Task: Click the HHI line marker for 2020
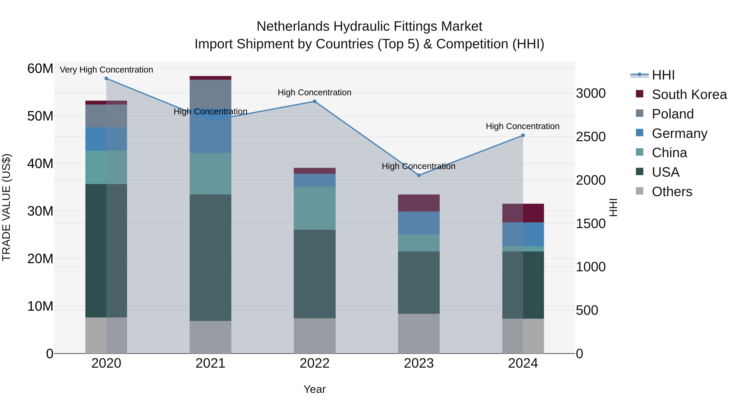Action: pos(106,78)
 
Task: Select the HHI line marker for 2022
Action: pos(314,101)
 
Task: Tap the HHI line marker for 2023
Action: pos(419,175)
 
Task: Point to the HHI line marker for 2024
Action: pos(523,135)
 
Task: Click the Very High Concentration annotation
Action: pos(106,70)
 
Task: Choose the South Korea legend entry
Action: pos(689,94)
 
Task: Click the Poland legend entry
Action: pos(672,114)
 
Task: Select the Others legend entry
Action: pos(672,192)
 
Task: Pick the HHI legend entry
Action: pos(663,75)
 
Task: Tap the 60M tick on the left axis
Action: pos(40,69)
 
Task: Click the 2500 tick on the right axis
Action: pos(591,137)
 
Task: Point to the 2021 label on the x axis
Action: pos(210,363)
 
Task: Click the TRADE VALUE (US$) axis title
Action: pos(6,207)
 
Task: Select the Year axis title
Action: pos(314,389)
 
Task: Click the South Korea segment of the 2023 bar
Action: pos(419,203)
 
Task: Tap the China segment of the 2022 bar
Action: pos(314,208)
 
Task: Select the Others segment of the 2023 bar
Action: pos(419,333)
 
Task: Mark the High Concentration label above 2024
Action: pos(522,126)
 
